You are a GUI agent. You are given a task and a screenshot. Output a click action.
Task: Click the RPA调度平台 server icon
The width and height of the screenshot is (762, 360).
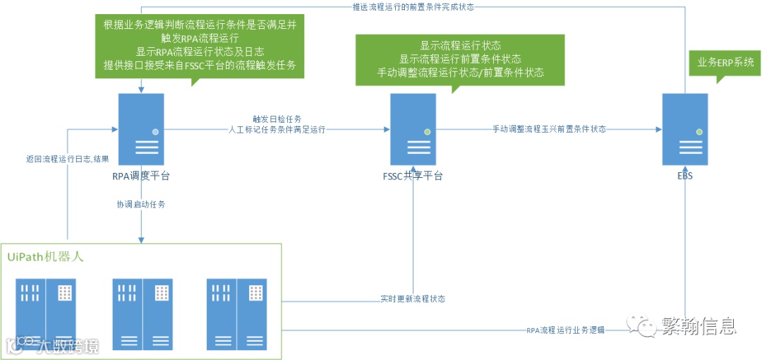142,130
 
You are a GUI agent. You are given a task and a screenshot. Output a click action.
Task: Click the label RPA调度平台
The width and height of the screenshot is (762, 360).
142,175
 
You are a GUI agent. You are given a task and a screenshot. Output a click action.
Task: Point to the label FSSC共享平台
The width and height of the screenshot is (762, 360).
413,175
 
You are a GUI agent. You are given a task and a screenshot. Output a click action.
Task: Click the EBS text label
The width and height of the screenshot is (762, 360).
684,175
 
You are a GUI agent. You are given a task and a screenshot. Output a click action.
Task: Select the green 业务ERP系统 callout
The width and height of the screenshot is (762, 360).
725,63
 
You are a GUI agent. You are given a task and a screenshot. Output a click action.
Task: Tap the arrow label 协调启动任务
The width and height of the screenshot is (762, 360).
141,204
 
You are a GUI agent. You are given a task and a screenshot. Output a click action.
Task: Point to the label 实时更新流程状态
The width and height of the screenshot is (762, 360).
413,299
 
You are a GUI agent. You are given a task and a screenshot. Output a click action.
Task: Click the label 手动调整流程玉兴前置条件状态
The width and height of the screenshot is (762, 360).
549,129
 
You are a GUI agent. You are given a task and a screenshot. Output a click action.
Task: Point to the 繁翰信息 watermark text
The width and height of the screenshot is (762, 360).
698,326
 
